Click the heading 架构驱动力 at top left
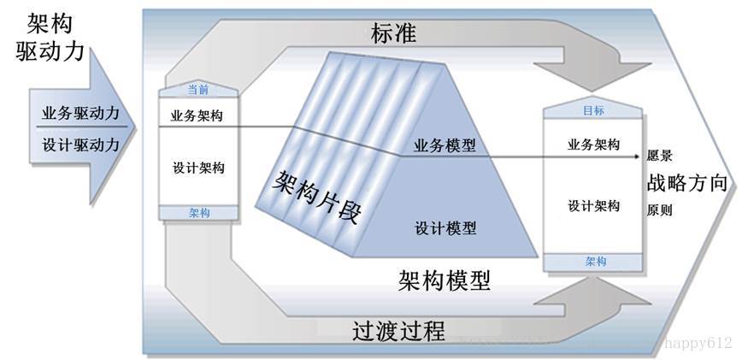51,38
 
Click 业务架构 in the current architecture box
198,115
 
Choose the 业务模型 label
445,146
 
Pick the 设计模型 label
445,228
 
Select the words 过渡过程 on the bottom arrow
398,330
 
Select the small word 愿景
659,157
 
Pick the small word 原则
659,210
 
